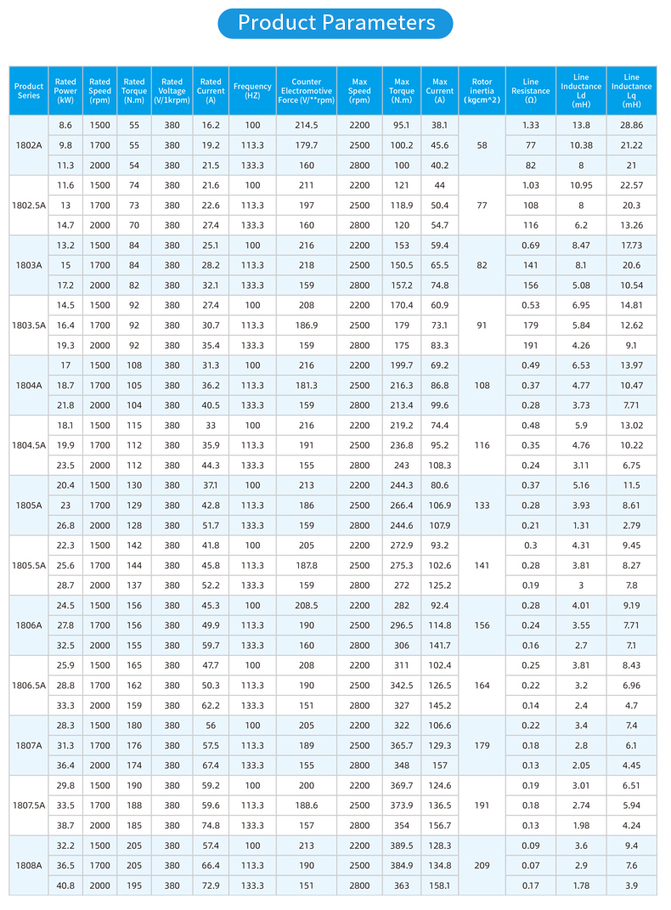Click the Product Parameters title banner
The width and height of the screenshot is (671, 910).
point(335,23)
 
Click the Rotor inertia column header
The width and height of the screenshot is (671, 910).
point(482,91)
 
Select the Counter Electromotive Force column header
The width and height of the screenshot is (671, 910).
point(306,91)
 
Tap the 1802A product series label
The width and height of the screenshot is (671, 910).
point(29,145)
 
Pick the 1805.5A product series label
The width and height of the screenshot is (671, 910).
point(29,565)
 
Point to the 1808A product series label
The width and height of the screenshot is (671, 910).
point(29,866)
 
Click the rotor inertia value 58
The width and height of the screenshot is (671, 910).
point(482,145)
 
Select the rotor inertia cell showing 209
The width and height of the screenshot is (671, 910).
point(482,866)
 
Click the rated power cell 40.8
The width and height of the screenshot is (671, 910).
point(65,885)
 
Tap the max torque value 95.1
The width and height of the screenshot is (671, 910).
point(401,126)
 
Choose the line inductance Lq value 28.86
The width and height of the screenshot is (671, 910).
point(631,126)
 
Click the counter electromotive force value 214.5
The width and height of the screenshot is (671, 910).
point(306,126)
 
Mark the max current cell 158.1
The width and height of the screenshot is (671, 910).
point(439,885)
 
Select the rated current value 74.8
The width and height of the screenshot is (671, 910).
point(211,826)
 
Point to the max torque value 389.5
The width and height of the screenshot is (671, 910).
point(401,845)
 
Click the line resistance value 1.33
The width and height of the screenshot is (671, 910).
point(530,126)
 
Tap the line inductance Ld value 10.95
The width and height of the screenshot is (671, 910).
point(581,185)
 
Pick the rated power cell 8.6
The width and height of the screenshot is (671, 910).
point(65,126)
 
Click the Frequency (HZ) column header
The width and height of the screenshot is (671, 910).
point(252,91)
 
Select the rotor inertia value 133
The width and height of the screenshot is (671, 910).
point(482,506)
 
